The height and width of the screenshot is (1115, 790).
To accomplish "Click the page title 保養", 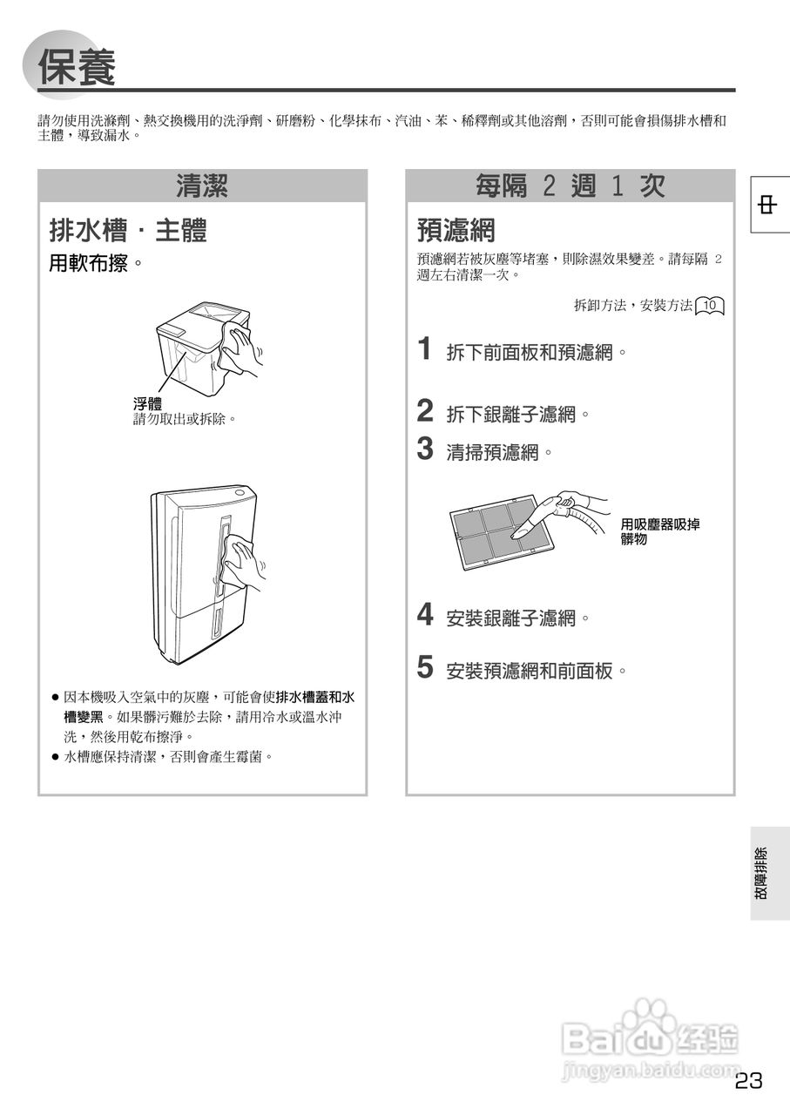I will point(78,68).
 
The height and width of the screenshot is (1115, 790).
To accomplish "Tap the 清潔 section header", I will point(202,186).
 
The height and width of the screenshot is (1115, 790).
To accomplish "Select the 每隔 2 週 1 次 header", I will point(571,186).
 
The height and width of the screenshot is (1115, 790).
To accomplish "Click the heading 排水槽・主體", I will point(127,231).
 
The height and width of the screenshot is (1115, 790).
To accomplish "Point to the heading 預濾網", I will point(456,231).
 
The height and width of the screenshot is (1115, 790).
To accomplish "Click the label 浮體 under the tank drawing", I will point(147,403).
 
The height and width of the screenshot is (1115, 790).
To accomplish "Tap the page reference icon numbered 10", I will point(711,306).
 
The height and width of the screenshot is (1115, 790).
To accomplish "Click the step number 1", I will point(425,349).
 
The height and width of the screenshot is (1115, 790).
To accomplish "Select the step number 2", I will point(425,410).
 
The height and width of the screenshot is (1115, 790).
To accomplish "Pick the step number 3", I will point(425,449).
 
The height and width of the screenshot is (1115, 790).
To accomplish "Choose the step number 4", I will point(425,615).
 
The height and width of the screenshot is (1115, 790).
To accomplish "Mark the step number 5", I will point(425,667).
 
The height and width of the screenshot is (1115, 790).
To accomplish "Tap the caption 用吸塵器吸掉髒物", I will point(659,531).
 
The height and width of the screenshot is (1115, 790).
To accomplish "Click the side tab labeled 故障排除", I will point(769,873).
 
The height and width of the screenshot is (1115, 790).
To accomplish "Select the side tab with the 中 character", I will point(769,206).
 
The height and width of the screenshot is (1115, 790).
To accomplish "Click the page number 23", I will point(748,1081).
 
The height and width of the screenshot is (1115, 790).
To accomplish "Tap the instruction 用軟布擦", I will point(95,263).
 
